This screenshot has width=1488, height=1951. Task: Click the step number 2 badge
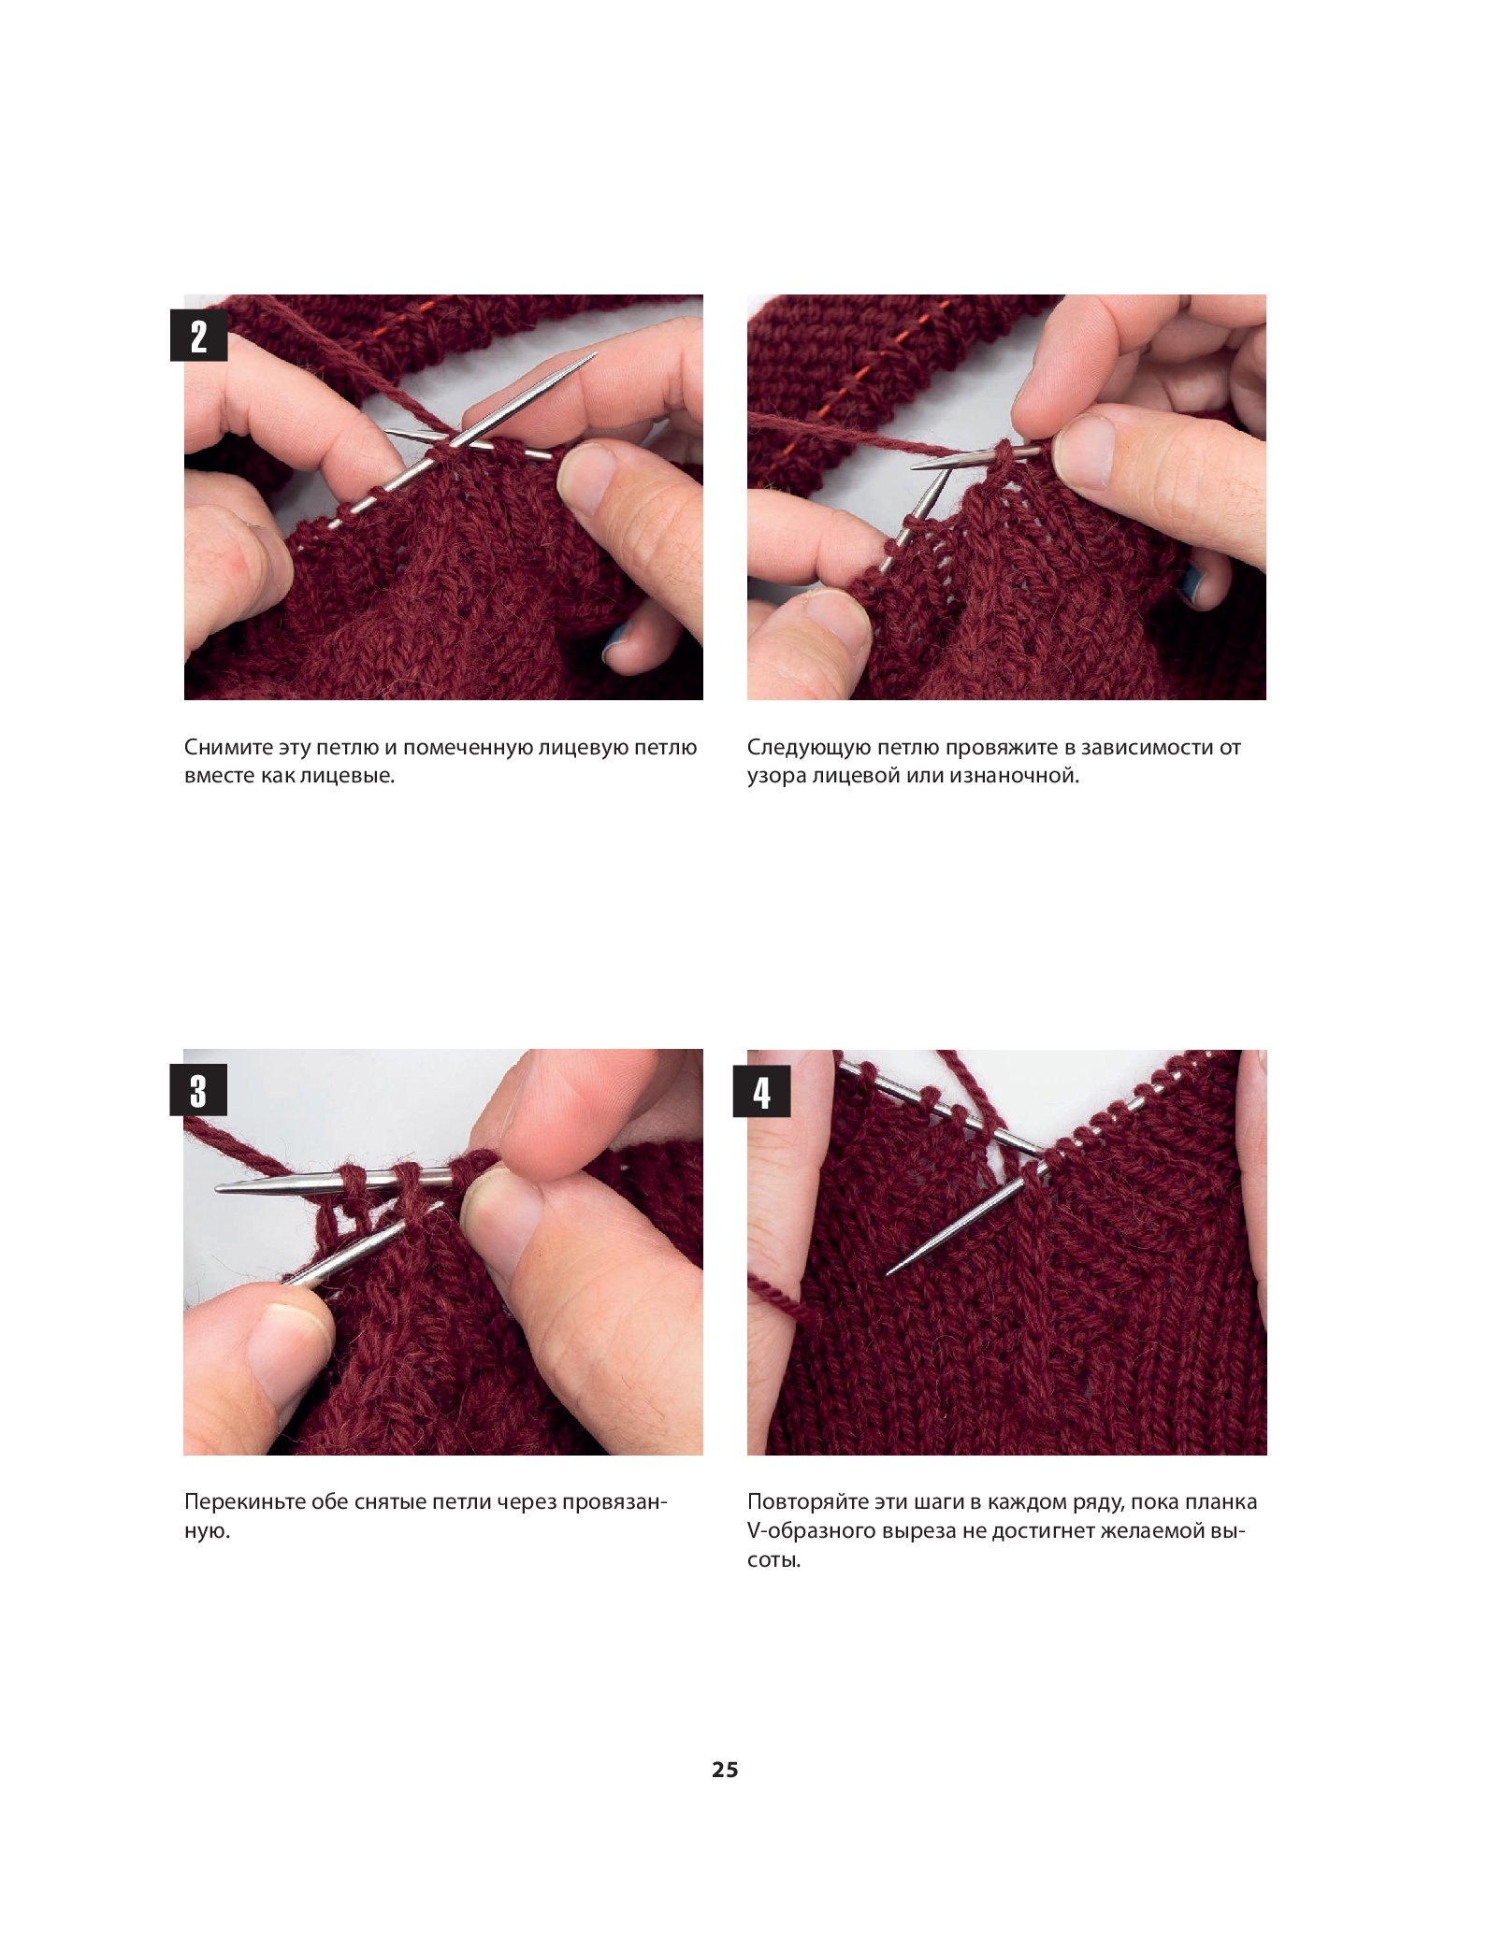(198, 336)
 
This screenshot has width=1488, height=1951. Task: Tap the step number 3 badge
(198, 1090)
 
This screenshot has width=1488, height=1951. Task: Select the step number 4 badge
(762, 1091)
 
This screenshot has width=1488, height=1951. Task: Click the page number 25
(725, 1770)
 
